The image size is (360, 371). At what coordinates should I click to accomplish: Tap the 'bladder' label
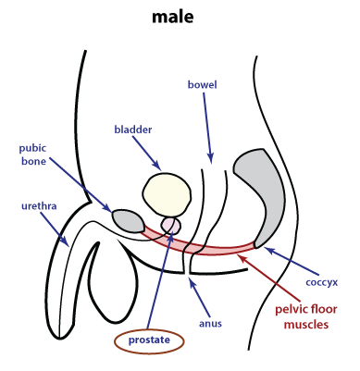tap(133, 130)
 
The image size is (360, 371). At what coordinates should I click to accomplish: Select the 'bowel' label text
tap(202, 85)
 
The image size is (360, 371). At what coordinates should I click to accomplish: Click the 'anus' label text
tap(210, 324)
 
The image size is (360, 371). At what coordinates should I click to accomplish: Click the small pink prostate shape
tap(172, 225)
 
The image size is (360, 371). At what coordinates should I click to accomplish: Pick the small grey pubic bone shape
tap(128, 220)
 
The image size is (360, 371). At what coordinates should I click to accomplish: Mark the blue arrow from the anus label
tap(199, 297)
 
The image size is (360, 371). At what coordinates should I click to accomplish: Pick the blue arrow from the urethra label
tap(56, 228)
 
